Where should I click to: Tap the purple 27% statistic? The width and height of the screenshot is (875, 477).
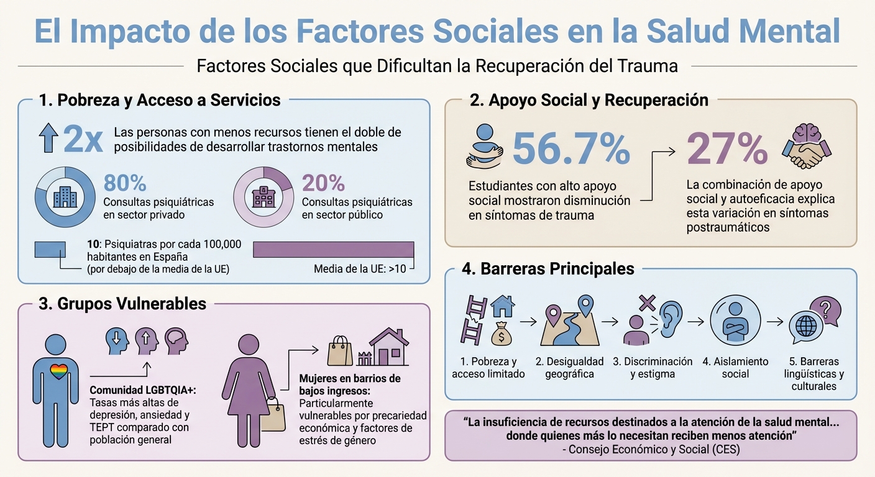[728, 149]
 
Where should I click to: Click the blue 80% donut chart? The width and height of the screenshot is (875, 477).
[65, 197]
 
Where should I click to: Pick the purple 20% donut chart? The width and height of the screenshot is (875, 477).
[263, 197]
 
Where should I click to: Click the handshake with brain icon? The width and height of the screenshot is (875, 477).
[807, 147]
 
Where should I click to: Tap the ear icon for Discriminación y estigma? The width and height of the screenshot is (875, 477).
[671, 319]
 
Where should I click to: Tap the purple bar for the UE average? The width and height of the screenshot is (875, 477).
[333, 249]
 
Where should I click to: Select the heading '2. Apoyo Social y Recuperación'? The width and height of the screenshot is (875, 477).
[589, 100]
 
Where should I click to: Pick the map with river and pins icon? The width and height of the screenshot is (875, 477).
[569, 322]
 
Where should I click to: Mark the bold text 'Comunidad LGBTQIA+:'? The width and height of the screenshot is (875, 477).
[143, 391]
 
